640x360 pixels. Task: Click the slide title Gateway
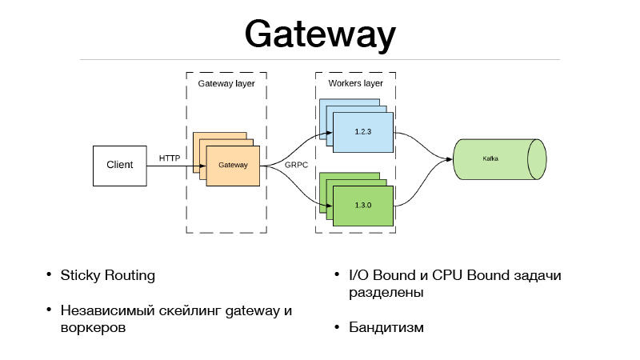[320, 35]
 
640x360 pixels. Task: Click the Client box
[120, 166]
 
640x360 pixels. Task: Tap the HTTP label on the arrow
[170, 158]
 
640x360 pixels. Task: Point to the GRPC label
[297, 164]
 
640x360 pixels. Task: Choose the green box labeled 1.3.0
[363, 205]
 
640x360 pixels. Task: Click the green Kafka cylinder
[491, 159]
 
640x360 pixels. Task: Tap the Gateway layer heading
[226, 83]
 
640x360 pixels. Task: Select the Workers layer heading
[356, 83]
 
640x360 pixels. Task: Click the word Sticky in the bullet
[81, 276]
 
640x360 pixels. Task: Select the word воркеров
[93, 328]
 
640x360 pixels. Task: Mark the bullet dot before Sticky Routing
[49, 276]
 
